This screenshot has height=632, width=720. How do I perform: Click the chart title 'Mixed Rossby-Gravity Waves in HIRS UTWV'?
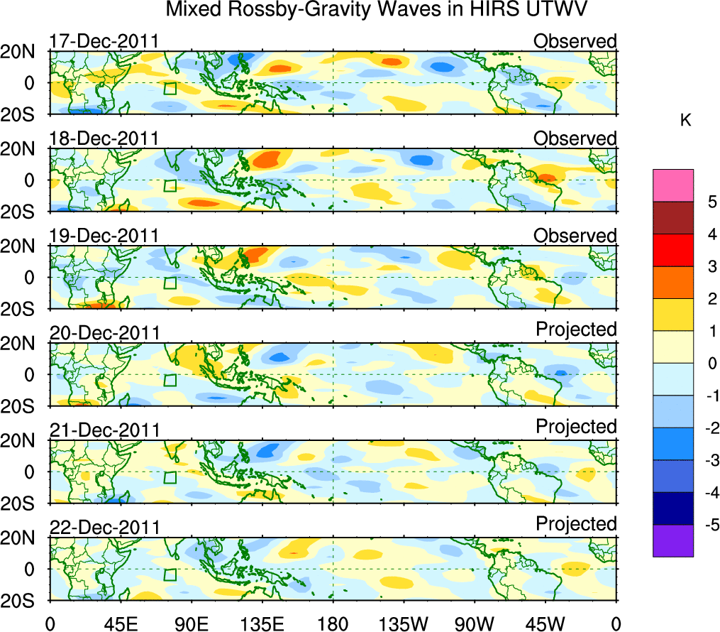(x=377, y=11)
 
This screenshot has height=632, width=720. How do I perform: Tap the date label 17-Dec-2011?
(x=104, y=41)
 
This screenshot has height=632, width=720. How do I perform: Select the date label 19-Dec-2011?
(x=104, y=236)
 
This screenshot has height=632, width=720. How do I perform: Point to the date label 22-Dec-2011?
(x=104, y=528)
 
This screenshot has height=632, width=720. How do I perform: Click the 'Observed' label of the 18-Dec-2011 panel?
(x=575, y=138)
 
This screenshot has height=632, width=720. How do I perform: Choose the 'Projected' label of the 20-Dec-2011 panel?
(x=576, y=329)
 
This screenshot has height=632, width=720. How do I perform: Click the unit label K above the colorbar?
(x=685, y=121)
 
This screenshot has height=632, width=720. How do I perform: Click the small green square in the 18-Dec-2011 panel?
(x=170, y=186)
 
